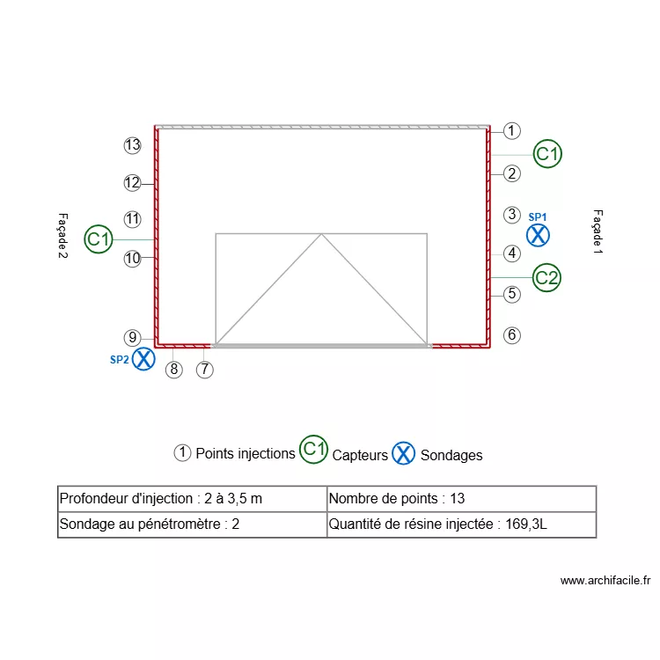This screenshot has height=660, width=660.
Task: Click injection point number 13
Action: (x=133, y=145)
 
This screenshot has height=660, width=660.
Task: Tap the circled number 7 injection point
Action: (x=204, y=370)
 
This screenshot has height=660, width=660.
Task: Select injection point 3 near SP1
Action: (x=512, y=214)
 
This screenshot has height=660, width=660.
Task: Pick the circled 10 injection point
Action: (x=133, y=259)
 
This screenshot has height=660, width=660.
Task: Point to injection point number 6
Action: (x=512, y=335)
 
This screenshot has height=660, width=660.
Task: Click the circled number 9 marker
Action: (x=133, y=337)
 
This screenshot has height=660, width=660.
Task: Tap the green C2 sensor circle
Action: (x=547, y=278)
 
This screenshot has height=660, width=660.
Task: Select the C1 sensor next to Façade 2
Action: (x=99, y=238)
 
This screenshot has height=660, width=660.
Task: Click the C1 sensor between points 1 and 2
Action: (x=548, y=154)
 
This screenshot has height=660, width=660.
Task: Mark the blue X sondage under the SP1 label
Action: (x=538, y=235)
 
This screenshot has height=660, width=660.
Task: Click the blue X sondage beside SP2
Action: (x=143, y=359)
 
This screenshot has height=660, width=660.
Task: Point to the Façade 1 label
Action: (x=598, y=232)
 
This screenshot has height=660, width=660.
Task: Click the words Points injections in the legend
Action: (x=245, y=454)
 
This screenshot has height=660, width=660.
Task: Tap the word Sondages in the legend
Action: (x=451, y=455)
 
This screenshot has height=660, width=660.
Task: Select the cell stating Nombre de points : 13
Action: (x=461, y=499)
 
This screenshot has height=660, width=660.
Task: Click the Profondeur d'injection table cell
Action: (x=192, y=499)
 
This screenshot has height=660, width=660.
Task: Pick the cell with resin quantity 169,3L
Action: (x=461, y=525)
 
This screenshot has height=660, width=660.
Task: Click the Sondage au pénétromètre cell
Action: (x=192, y=525)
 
